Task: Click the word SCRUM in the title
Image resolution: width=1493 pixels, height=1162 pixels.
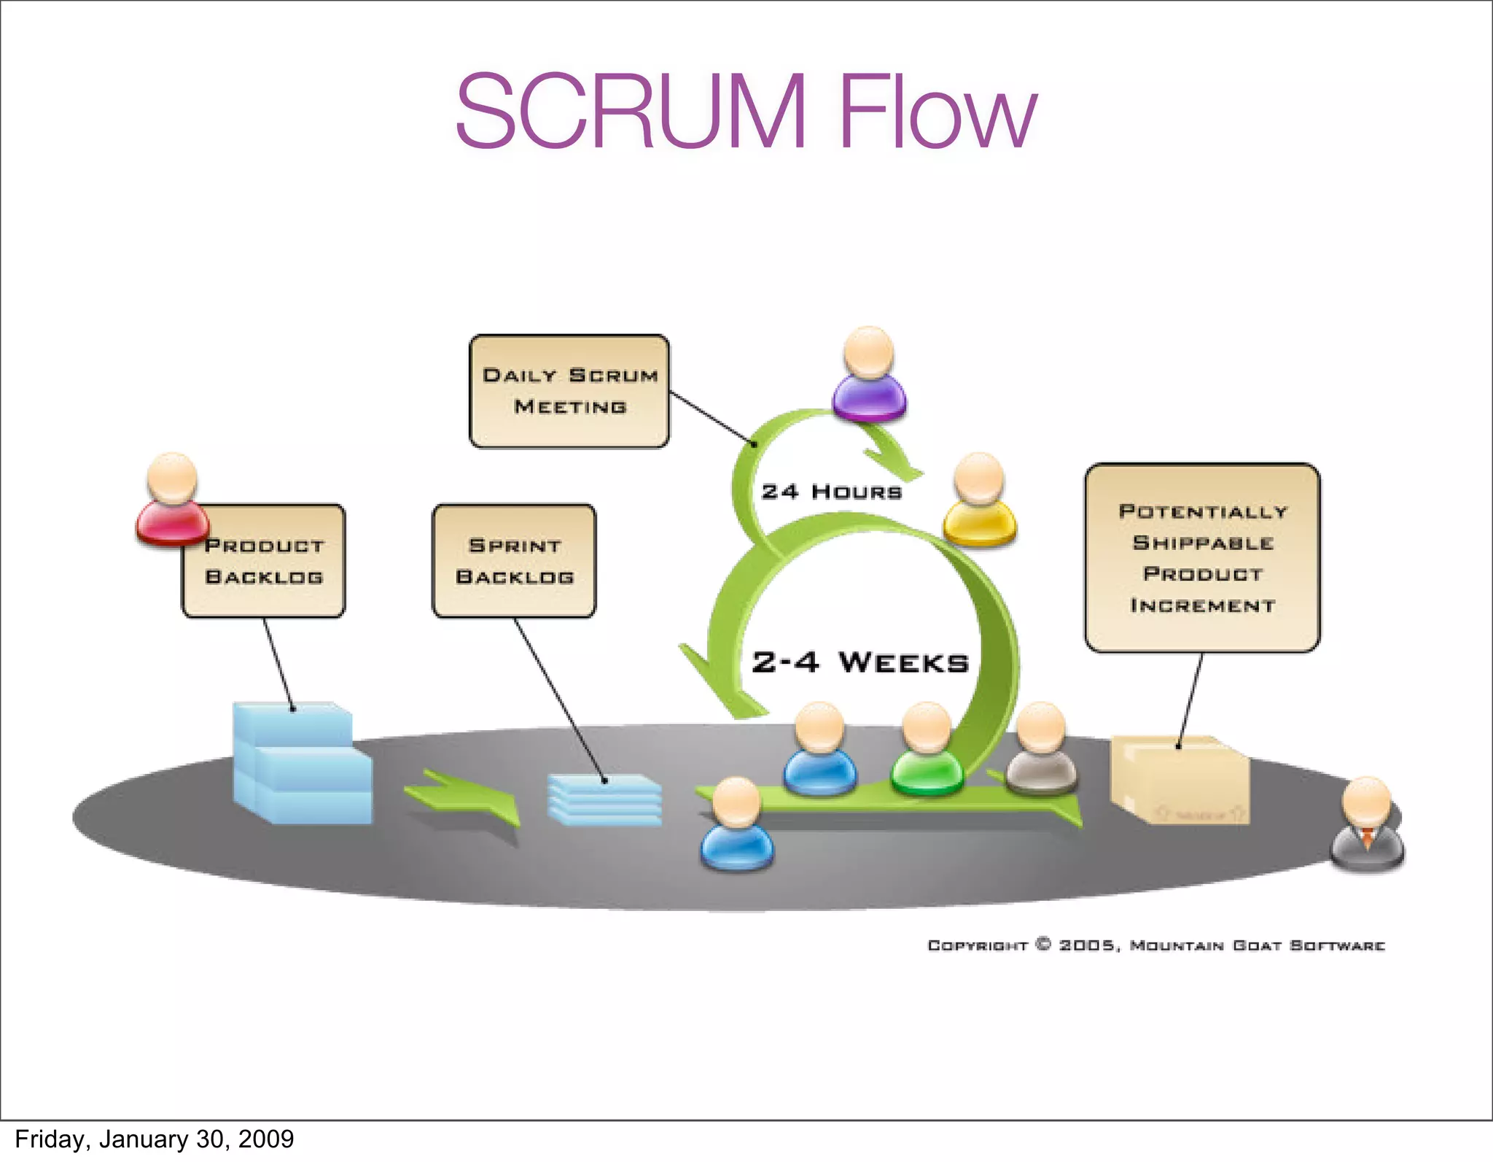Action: click(631, 111)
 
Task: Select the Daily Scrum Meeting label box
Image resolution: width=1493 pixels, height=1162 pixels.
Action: click(569, 391)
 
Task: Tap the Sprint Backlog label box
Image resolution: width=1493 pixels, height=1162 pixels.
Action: click(514, 561)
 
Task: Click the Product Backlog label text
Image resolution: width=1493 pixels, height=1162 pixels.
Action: click(264, 562)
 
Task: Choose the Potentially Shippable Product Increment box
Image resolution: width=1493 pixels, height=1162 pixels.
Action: click(1202, 558)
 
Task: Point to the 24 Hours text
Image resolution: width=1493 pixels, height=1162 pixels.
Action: click(831, 492)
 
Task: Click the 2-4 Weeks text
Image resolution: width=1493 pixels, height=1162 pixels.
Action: click(860, 662)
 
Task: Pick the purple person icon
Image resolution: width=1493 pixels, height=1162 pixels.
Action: click(869, 376)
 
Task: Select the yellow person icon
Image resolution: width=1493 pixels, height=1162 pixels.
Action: click(979, 502)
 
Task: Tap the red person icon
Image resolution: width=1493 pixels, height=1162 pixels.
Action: click(172, 501)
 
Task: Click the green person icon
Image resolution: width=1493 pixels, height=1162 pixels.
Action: click(927, 751)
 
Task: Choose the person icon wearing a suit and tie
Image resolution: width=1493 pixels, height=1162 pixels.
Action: click(1367, 826)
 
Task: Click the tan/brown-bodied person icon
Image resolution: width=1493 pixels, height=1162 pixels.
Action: click(1041, 751)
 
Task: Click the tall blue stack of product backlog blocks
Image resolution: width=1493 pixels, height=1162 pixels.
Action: click(300, 764)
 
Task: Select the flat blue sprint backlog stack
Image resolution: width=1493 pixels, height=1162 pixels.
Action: click(604, 800)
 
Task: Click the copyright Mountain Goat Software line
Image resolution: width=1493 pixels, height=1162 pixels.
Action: click(1155, 945)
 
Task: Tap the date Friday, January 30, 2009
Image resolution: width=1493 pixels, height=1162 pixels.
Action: click(154, 1139)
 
